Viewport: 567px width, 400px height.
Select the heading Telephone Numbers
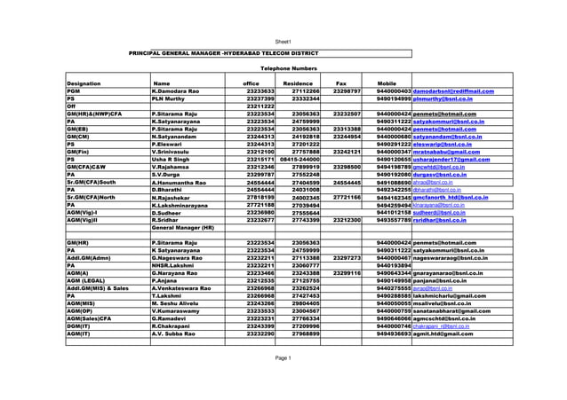(x=287, y=67)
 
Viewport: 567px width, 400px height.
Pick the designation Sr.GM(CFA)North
(x=97, y=197)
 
